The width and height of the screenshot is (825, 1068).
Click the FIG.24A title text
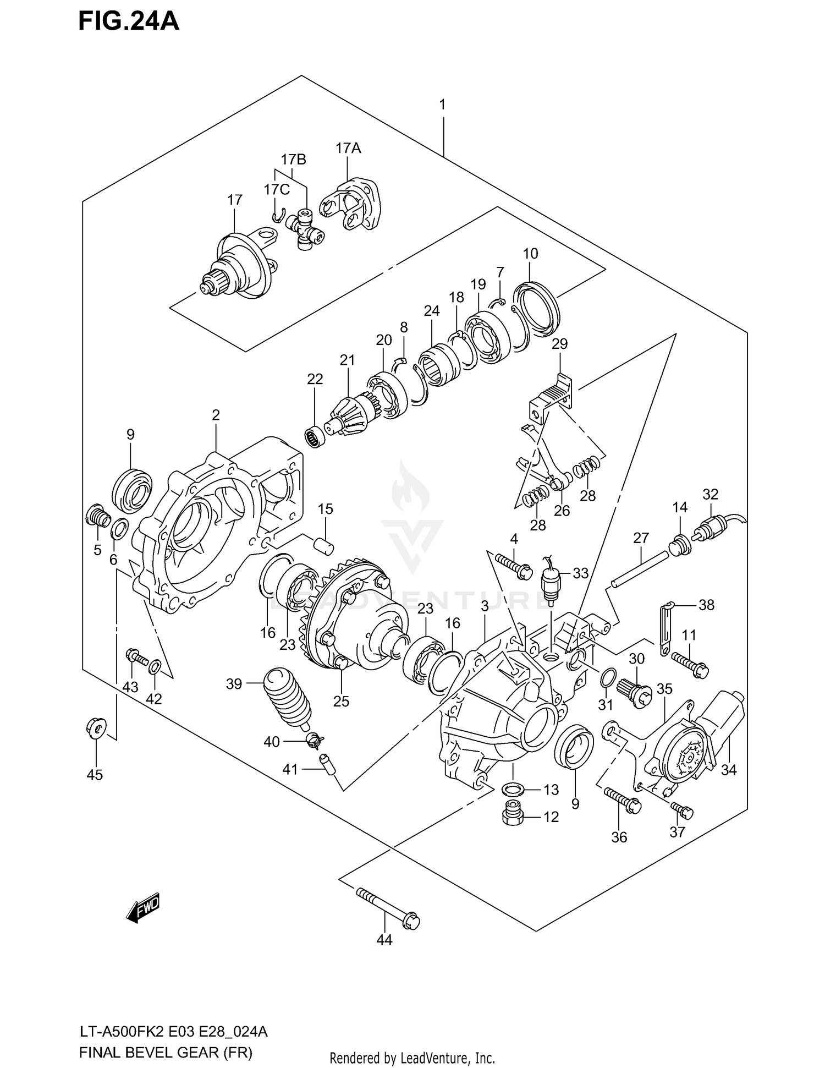pos(129,21)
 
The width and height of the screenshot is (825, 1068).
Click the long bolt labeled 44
pos(388,907)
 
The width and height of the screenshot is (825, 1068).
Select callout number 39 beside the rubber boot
pos(234,684)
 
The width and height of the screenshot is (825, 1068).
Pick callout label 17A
pos(348,148)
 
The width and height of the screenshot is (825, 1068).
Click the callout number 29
pos(559,344)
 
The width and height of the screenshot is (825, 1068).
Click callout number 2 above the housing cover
pos(216,415)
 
